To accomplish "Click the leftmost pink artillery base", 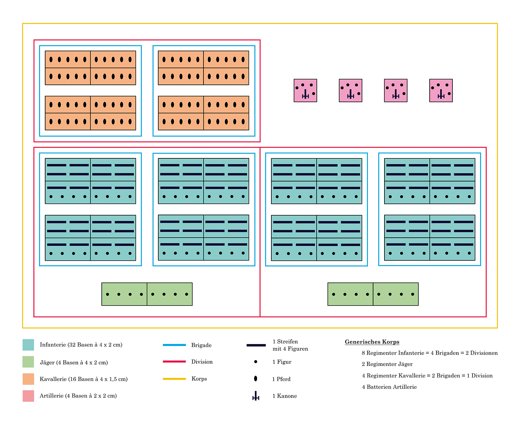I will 305,90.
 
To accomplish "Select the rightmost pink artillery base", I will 441,90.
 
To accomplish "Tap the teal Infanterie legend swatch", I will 28,345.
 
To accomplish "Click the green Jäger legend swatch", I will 28,362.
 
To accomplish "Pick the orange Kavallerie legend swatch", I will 28,379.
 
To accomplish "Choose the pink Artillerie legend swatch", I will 28,396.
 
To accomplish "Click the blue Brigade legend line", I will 174,345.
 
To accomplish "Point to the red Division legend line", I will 174,362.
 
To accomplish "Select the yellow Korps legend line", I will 174,379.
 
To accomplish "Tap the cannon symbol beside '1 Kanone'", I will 256,396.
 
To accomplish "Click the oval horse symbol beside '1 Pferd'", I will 255,379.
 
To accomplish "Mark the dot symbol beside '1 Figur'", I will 255,362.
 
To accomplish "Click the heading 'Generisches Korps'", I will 372,342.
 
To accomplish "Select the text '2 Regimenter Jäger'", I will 387,364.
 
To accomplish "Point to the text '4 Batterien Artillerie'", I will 389,387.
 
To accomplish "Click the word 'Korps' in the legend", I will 199,379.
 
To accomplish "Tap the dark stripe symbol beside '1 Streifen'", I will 256,345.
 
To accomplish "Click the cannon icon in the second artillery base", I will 350,94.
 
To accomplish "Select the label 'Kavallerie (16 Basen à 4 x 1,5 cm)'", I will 84,379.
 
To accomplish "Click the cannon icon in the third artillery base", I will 396,94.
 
